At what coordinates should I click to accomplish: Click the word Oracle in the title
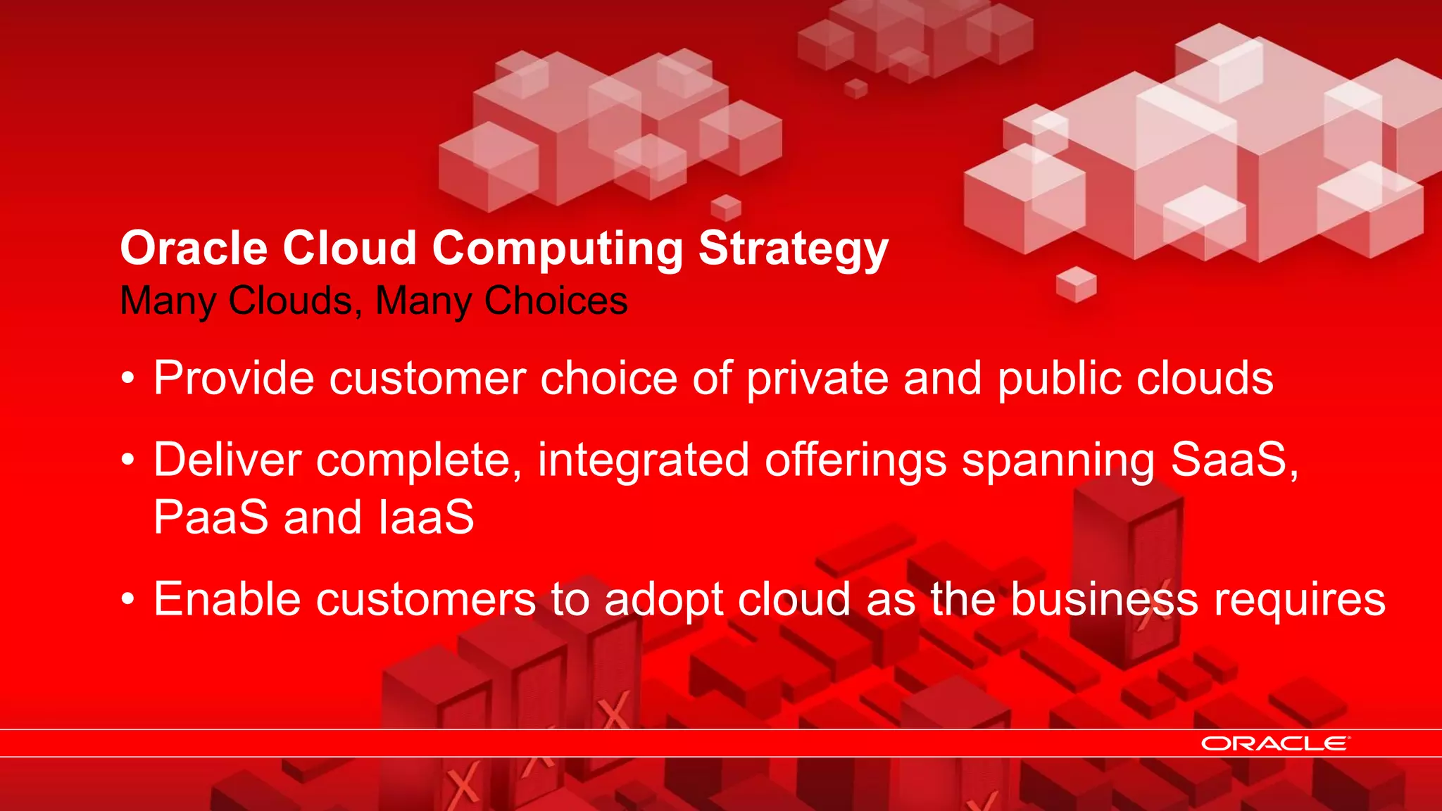point(194,249)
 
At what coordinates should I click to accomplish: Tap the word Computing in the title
point(557,249)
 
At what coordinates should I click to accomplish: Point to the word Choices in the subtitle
point(556,301)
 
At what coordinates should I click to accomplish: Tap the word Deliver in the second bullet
point(227,460)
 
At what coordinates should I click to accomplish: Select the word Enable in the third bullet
point(227,600)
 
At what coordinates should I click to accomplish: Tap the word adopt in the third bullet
point(663,600)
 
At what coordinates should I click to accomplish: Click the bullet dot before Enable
point(127,601)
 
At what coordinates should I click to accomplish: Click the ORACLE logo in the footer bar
point(1275,743)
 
